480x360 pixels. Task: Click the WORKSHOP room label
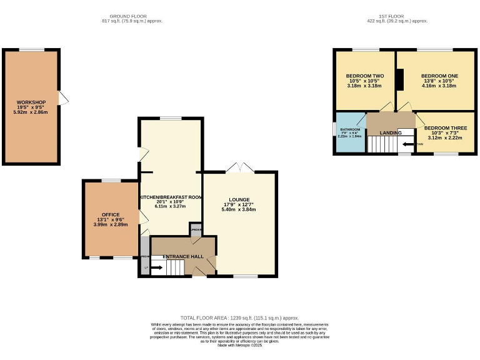coord(31,102)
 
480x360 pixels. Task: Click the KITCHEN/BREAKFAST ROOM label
coord(171,197)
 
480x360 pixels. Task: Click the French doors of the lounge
coord(239,167)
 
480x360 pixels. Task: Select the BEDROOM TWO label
coord(365,76)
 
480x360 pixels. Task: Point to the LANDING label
coord(391,132)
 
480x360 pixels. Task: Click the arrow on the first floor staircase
coord(407,144)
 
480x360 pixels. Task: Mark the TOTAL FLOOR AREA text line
coord(240,318)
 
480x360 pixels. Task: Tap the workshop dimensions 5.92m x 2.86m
coord(31,112)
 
